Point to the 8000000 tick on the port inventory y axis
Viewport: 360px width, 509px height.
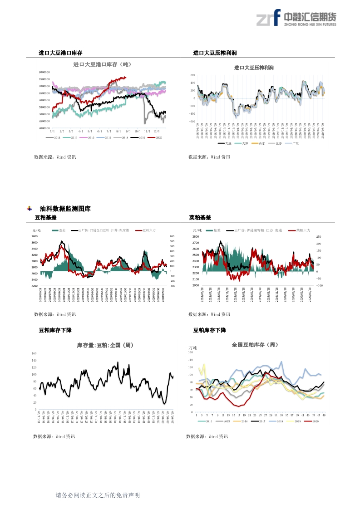coord(44,72)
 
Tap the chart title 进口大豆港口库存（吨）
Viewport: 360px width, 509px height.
coord(102,64)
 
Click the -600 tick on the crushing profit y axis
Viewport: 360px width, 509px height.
coord(192,122)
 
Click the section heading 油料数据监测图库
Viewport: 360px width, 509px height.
coord(65,209)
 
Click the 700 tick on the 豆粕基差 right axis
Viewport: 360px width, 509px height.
coord(172,236)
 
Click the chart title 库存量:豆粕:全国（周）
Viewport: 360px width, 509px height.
coord(105,345)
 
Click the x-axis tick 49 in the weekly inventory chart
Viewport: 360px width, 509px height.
coord(323,415)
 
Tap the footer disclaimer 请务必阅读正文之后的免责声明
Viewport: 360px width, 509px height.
coord(97,495)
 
